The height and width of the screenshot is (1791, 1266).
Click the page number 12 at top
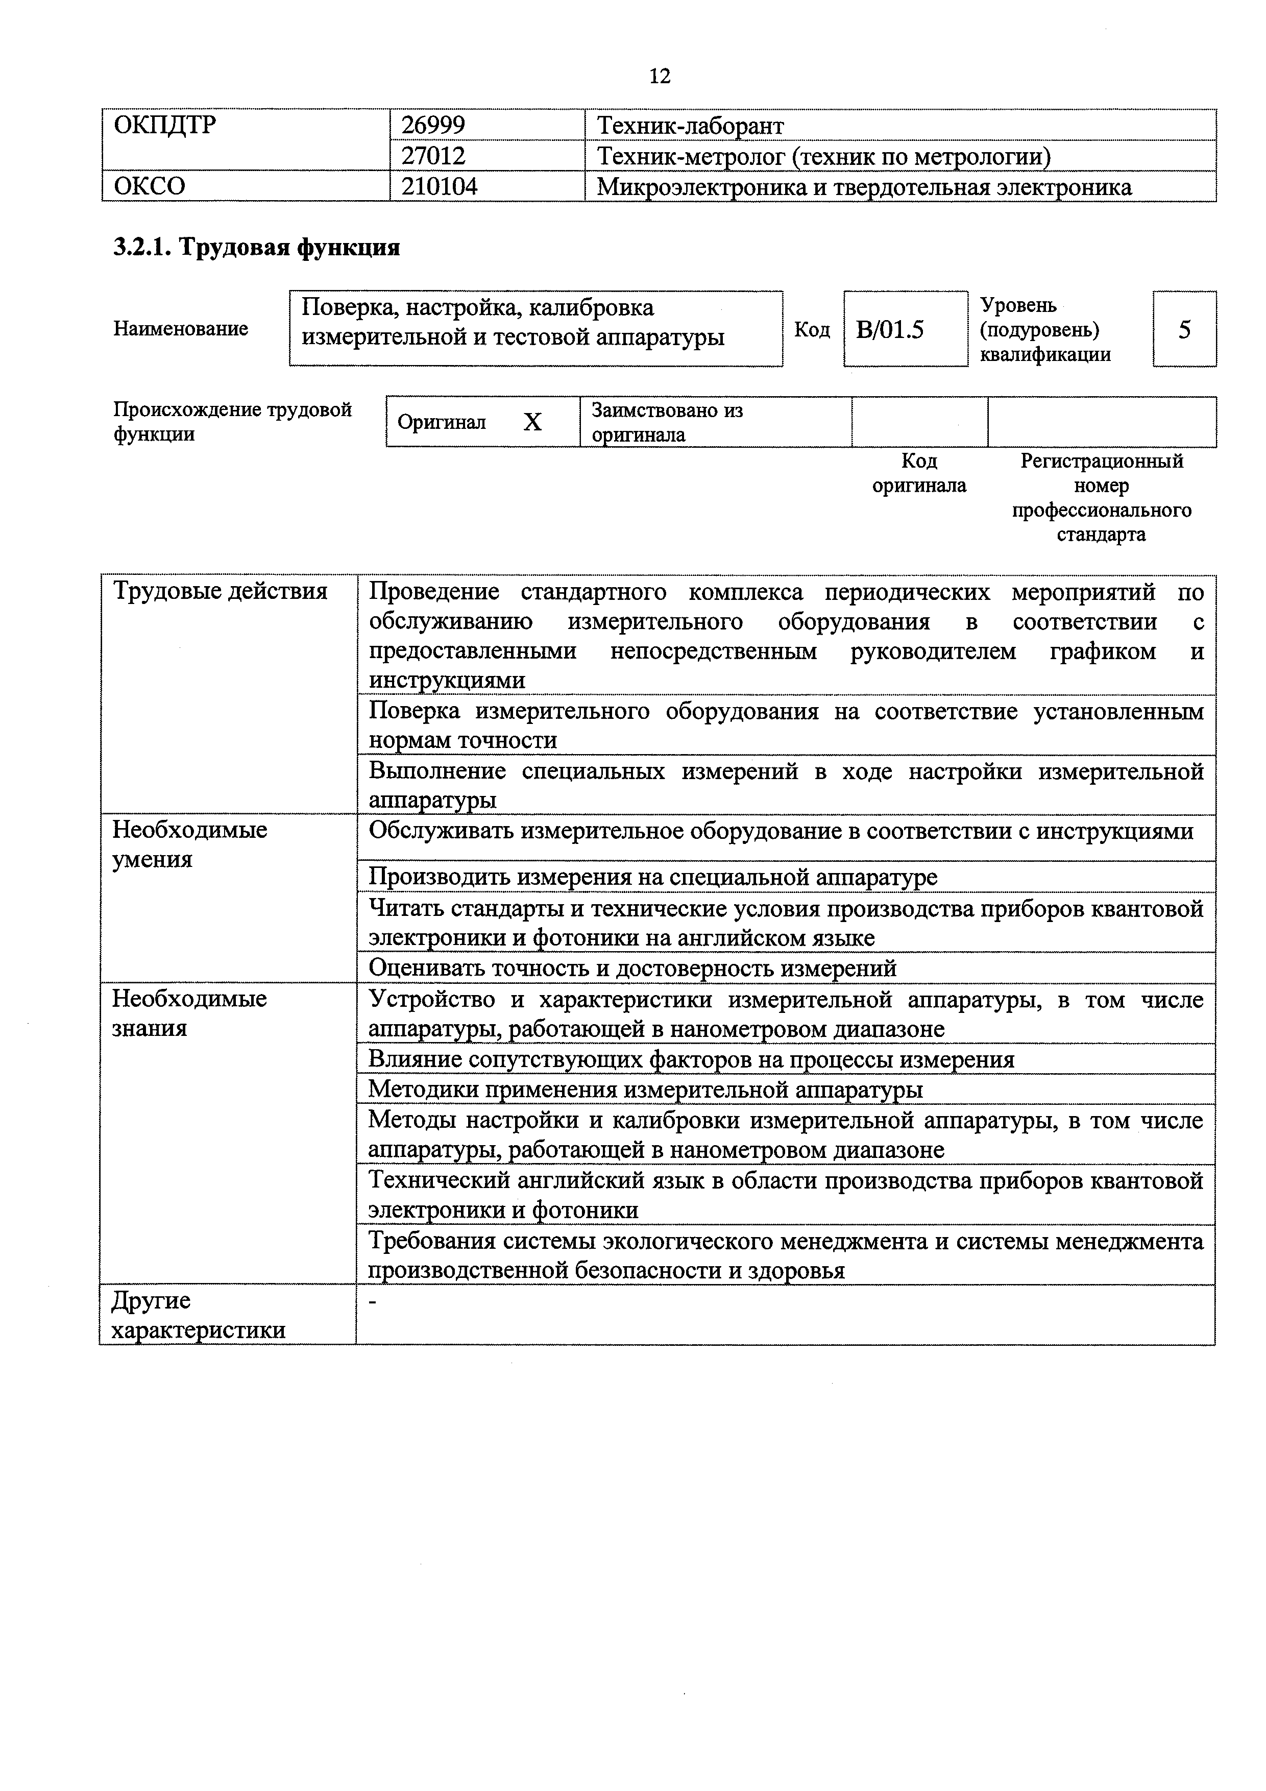659,76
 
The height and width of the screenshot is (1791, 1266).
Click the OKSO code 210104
439,186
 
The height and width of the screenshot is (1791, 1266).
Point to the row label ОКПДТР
164,125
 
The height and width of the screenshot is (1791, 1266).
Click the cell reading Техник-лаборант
690,125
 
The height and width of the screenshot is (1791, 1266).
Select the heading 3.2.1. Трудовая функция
257,247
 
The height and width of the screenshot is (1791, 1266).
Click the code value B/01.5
889,329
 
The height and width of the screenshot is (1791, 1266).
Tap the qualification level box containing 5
1184,329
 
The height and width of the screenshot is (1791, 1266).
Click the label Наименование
181,328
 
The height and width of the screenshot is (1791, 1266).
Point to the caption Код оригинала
919,473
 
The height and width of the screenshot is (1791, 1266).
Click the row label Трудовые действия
221,591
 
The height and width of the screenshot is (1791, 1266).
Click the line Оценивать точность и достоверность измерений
632,968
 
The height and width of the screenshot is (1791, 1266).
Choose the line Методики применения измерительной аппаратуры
645,1089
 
